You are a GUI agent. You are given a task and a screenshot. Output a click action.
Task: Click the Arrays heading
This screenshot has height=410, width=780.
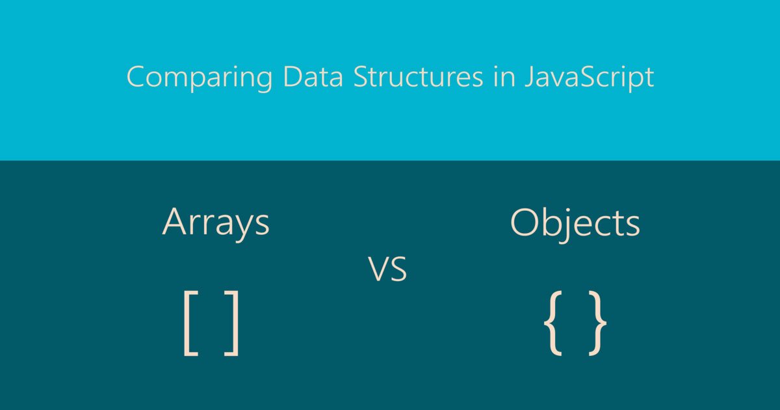[x=216, y=223]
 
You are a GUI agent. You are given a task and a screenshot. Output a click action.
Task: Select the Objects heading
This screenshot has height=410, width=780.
[x=575, y=223]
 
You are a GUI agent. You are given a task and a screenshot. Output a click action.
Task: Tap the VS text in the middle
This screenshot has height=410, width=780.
[x=388, y=269]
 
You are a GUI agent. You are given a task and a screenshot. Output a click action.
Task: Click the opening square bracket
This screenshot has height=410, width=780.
[x=190, y=323]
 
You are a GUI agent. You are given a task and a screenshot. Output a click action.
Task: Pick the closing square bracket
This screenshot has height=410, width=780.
[x=233, y=323]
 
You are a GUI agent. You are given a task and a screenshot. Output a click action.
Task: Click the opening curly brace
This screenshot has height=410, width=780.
[x=553, y=323]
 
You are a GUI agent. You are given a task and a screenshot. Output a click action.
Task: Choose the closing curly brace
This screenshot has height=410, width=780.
[x=597, y=323]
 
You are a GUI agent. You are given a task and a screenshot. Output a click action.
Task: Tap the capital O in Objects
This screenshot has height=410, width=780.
[x=524, y=223]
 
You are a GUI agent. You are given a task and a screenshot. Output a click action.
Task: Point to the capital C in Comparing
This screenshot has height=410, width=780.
[x=136, y=76]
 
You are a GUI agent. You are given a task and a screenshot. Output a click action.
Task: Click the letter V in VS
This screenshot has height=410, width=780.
[x=378, y=269]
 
